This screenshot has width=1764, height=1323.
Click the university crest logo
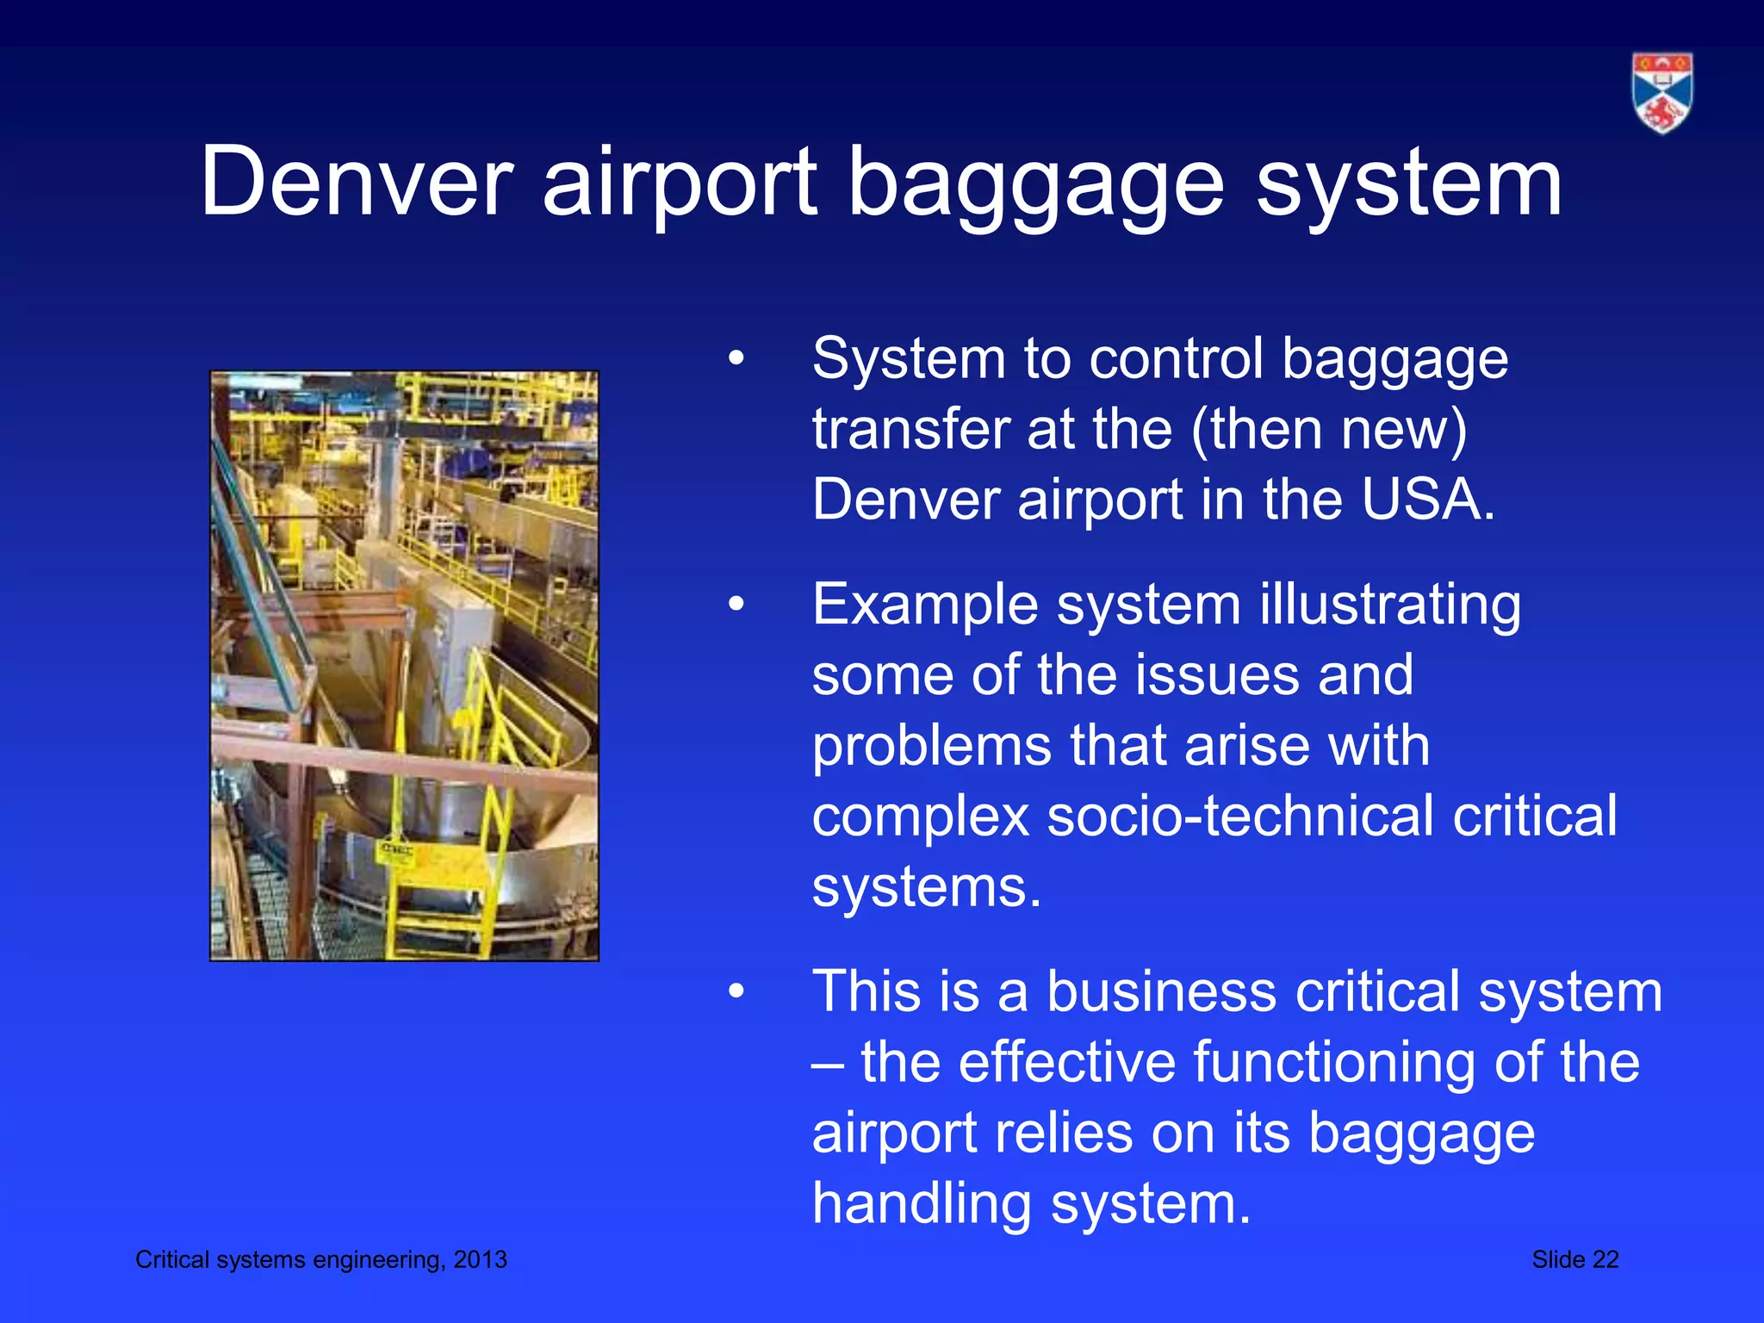coord(1662,93)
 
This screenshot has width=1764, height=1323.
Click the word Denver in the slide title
coord(357,183)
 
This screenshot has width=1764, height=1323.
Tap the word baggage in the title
coord(1035,183)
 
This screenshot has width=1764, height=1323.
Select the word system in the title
coord(1408,183)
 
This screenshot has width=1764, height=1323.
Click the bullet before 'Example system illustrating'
coord(735,605)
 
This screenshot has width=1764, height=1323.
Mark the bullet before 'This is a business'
coord(735,991)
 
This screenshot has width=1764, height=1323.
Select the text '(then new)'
coord(1329,429)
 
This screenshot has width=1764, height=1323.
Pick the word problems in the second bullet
coord(931,745)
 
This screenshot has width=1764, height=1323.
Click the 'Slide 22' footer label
coord(1575,1259)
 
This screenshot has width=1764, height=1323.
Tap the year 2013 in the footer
coord(481,1259)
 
